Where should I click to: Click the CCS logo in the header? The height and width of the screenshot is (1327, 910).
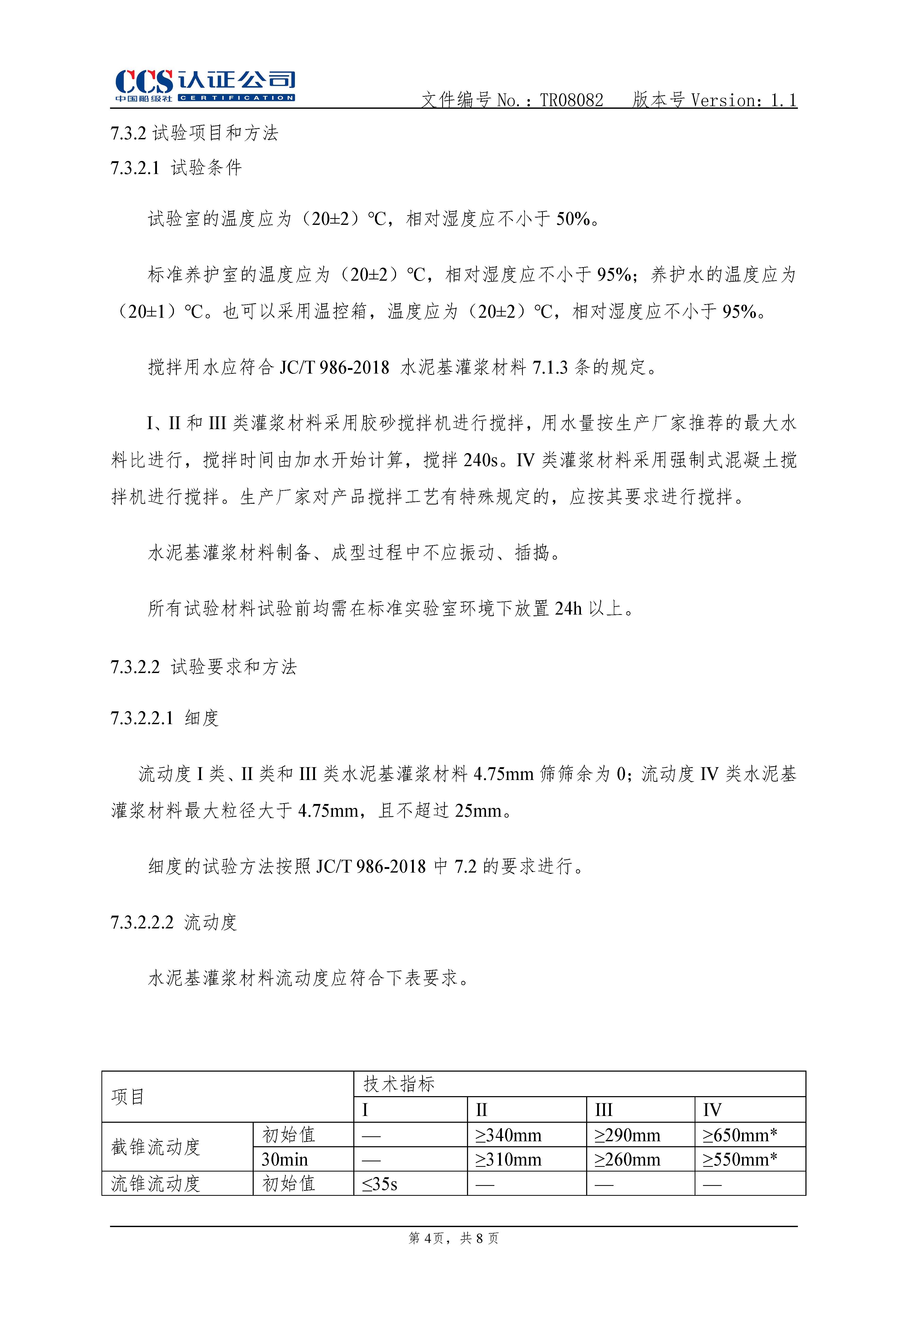(x=204, y=86)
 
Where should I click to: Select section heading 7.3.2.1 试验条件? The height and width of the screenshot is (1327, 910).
(x=176, y=168)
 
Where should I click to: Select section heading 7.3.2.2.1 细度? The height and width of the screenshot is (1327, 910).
(x=165, y=718)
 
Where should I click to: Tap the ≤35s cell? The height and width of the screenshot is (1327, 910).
(x=380, y=1184)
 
